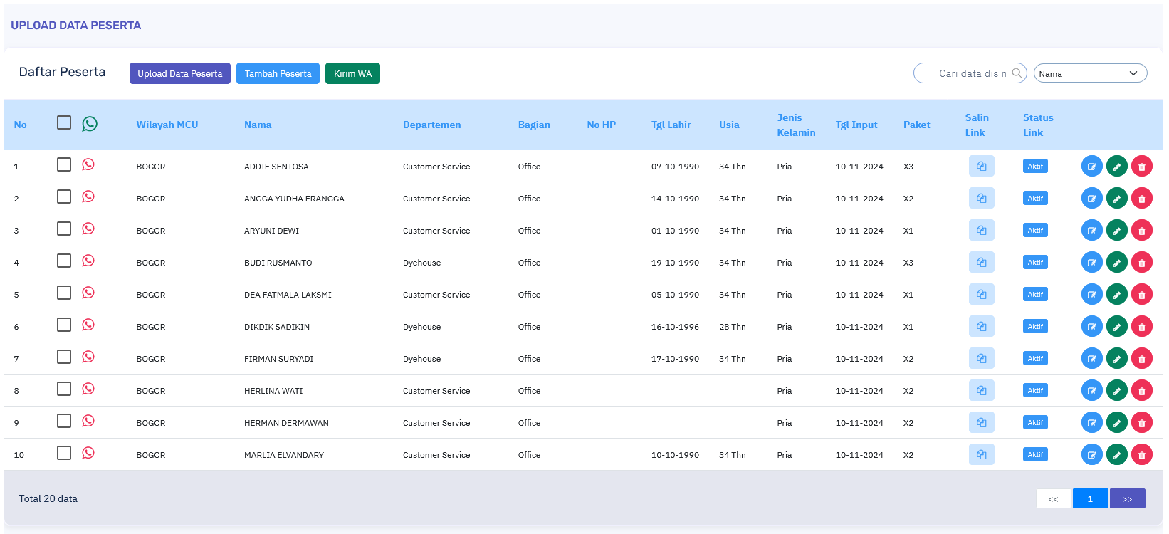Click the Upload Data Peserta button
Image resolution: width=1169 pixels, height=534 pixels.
pyautogui.click(x=179, y=73)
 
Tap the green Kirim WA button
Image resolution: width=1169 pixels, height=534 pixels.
pyautogui.click(x=352, y=73)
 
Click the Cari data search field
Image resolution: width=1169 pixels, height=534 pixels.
pyautogui.click(x=970, y=73)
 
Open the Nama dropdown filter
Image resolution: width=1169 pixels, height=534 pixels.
pyautogui.click(x=1090, y=73)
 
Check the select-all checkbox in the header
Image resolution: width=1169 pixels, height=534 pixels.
pyautogui.click(x=64, y=122)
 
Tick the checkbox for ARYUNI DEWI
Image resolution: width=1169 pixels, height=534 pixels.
pyautogui.click(x=64, y=229)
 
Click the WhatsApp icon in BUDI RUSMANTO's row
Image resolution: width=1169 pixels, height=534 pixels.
pyautogui.click(x=88, y=261)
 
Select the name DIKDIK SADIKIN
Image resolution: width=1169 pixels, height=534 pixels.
pyautogui.click(x=277, y=327)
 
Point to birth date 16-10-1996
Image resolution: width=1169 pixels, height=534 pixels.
pyautogui.click(x=675, y=327)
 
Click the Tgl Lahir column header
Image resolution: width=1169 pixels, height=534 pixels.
pyautogui.click(x=671, y=125)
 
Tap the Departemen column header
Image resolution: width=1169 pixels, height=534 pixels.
pyautogui.click(x=431, y=125)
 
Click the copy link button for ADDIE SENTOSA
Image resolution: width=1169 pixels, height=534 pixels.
pyautogui.click(x=981, y=166)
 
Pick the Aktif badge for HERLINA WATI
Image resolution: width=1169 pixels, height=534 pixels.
pyautogui.click(x=1035, y=390)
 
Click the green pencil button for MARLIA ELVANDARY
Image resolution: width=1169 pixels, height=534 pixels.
pyautogui.click(x=1116, y=454)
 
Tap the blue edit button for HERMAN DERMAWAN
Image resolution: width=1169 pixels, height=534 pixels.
pyautogui.click(x=1091, y=422)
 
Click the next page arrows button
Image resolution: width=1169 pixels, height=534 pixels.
pyautogui.click(x=1127, y=498)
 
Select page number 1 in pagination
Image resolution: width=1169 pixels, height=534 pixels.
pyautogui.click(x=1090, y=498)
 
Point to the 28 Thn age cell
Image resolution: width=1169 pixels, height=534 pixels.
pyautogui.click(x=732, y=327)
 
